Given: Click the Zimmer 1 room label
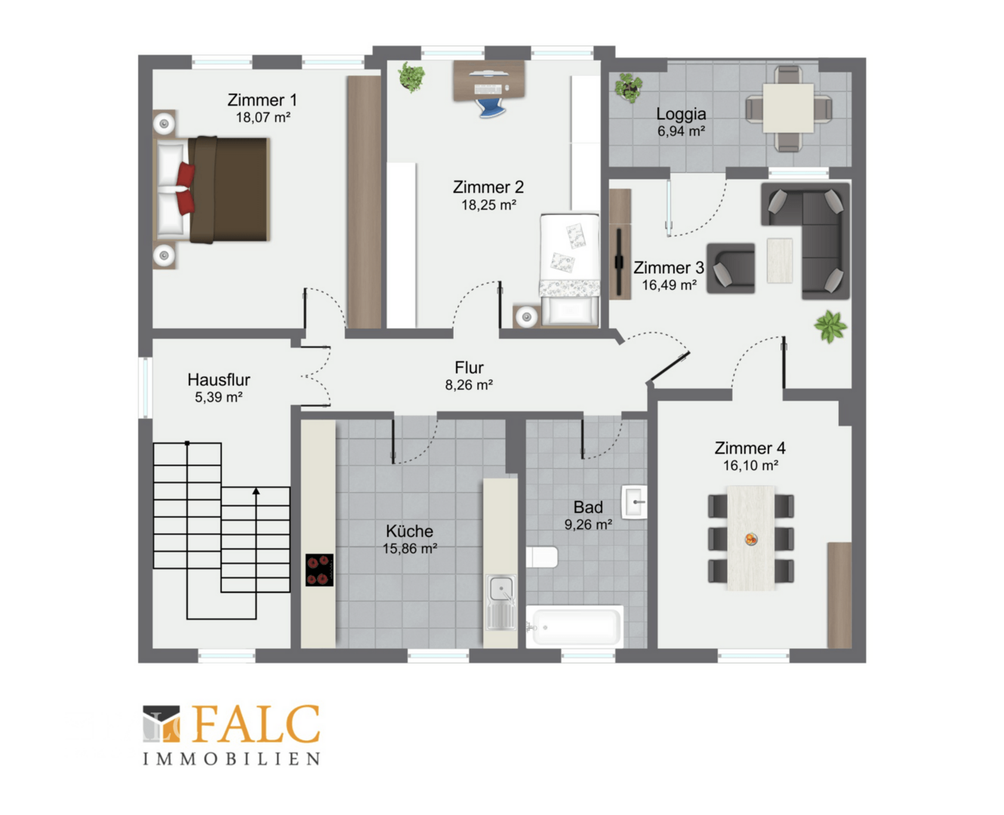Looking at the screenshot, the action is (262, 100).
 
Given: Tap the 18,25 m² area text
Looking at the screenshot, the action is (488, 205).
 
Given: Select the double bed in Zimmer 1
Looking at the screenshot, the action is (212, 189).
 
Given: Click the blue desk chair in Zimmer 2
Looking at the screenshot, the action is (490, 107).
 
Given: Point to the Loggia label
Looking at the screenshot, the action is (681, 114).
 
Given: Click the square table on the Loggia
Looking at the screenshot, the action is (788, 108).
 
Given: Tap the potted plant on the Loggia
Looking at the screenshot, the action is (628, 88).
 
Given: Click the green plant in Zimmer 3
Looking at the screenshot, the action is (830, 326).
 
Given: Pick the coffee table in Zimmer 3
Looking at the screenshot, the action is (780, 260).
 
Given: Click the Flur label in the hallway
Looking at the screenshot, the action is (469, 368).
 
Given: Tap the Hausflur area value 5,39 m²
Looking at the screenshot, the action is (219, 397).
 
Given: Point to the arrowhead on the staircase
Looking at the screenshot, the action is (256, 491).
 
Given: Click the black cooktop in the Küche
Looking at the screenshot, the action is (319, 570).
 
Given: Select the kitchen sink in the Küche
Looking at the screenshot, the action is (500, 602).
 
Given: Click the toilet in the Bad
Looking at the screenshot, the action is (542, 558).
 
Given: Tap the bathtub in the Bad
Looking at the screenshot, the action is (574, 626).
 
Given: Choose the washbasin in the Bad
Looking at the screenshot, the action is (634, 502).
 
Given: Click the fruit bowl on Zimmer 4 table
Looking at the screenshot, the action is (751, 539).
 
